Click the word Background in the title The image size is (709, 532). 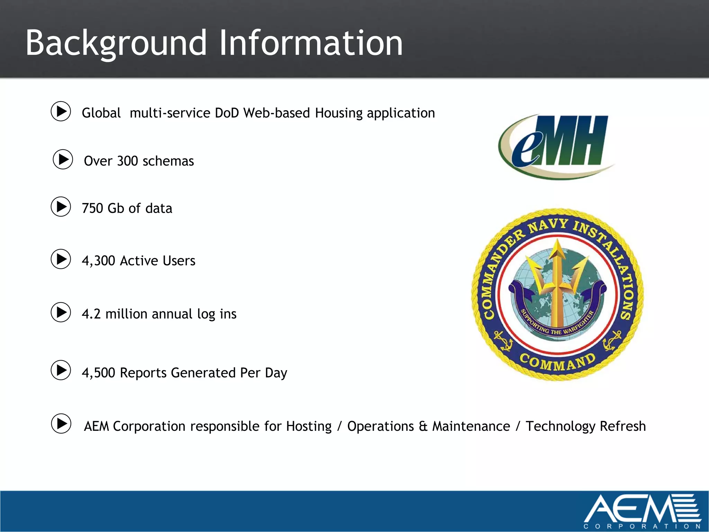coord(116,43)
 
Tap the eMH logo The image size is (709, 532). coord(556,145)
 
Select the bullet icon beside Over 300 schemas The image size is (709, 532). coord(63,159)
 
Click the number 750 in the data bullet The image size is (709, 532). coord(92,209)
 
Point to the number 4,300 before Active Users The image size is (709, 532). coord(98,261)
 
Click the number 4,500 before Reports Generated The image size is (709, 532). coord(98,373)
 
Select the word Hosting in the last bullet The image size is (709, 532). coord(309,426)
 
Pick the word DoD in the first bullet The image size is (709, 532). coord(227,113)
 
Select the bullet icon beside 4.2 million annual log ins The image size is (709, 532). coord(61,312)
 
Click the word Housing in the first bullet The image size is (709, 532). coord(338,113)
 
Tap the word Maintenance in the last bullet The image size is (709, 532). coord(471,426)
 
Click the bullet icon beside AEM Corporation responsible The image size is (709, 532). coord(61,423)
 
